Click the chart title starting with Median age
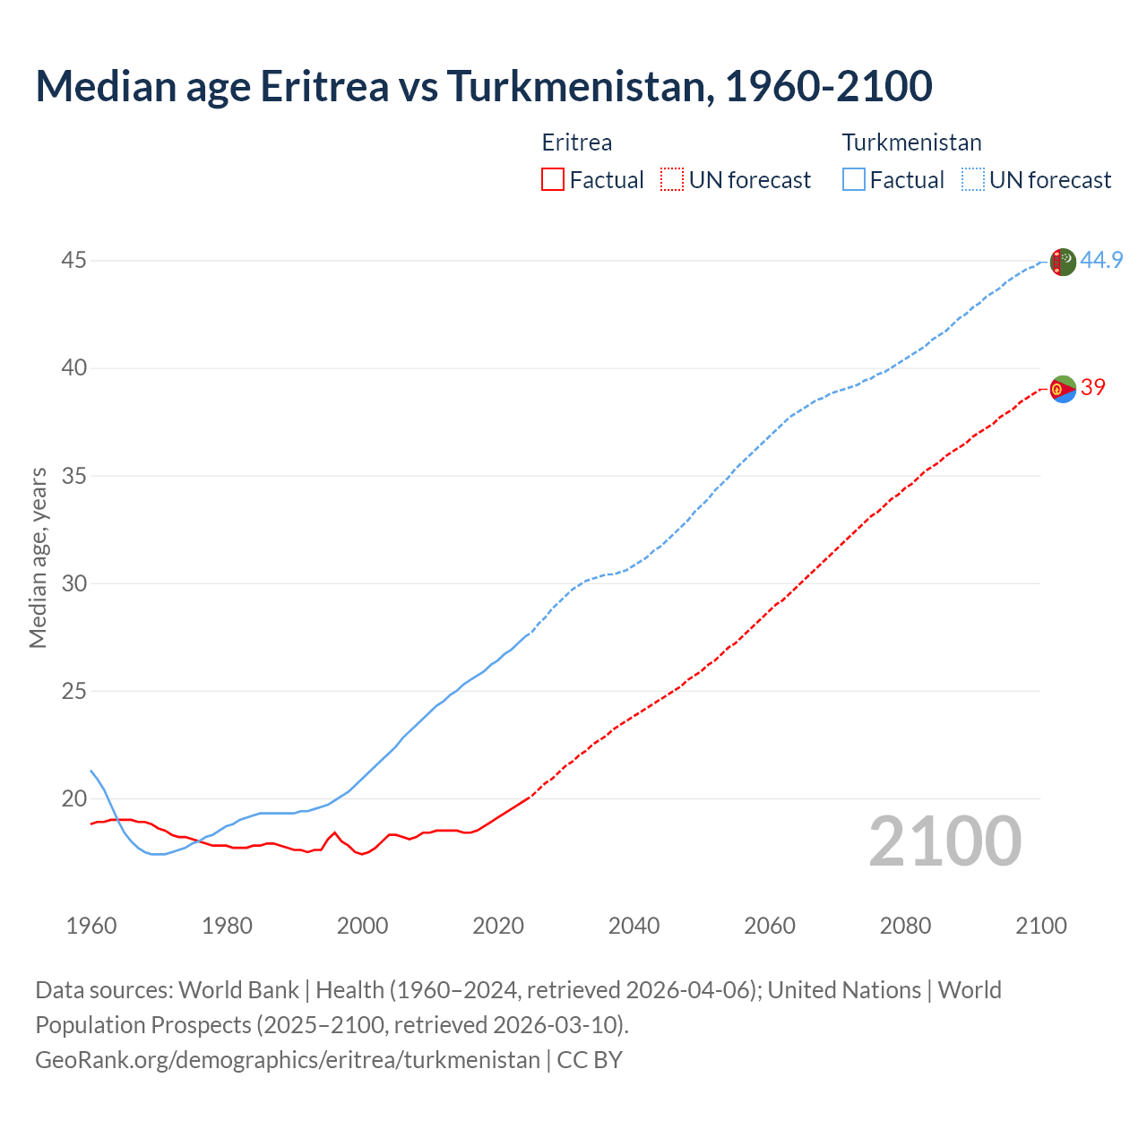coord(484,86)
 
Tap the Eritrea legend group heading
coord(577,142)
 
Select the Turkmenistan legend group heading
coord(911,142)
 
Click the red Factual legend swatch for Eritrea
coord(553,180)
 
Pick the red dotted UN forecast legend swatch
coord(672,180)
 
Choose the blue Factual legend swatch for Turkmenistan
coord(854,180)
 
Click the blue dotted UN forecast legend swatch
coord(973,180)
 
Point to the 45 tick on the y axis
coord(74,261)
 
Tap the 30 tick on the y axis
coord(74,583)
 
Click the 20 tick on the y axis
coord(74,798)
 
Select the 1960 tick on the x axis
coord(91,926)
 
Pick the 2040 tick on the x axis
coord(634,926)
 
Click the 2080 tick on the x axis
coord(905,926)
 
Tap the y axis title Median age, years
coord(38,557)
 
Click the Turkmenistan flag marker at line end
coord(1062,262)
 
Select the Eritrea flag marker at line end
coord(1062,389)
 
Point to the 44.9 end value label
coord(1101,261)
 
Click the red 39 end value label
coord(1093,387)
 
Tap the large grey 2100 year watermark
coord(945,841)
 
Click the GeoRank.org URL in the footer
coord(288,1060)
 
